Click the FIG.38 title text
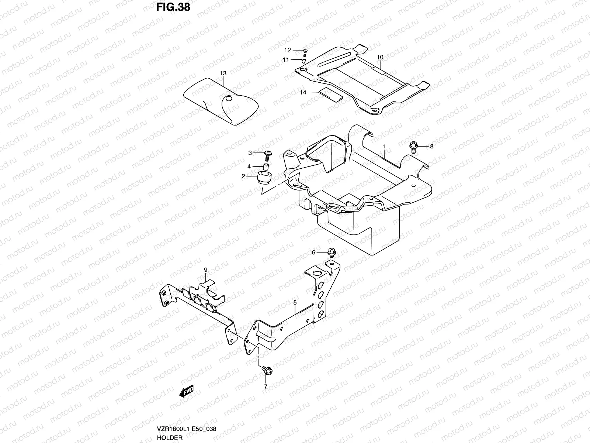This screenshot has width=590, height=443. coord(173,7)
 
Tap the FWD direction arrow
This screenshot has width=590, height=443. coord(186,391)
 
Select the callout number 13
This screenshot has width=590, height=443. coord(223,73)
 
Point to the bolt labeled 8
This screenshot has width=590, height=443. coord(413,147)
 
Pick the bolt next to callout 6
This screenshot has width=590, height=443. coord(332,253)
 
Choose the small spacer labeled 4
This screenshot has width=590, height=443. coord(266,166)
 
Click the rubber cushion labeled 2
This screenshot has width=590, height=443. coord(264,178)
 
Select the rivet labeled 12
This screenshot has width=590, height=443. coord(305,52)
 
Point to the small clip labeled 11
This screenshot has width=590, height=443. coord(304,61)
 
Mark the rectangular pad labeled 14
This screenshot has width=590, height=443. coord(331,95)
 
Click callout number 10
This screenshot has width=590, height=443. coord(380,57)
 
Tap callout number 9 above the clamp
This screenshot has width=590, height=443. coord(206,270)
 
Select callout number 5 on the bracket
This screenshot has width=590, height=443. coord(295,303)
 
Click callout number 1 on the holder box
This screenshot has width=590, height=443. coord(384,147)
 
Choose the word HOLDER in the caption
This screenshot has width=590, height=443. coord(170,437)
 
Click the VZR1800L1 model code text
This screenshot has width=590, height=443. coord(173,429)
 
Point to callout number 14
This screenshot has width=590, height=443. coord(303,93)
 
